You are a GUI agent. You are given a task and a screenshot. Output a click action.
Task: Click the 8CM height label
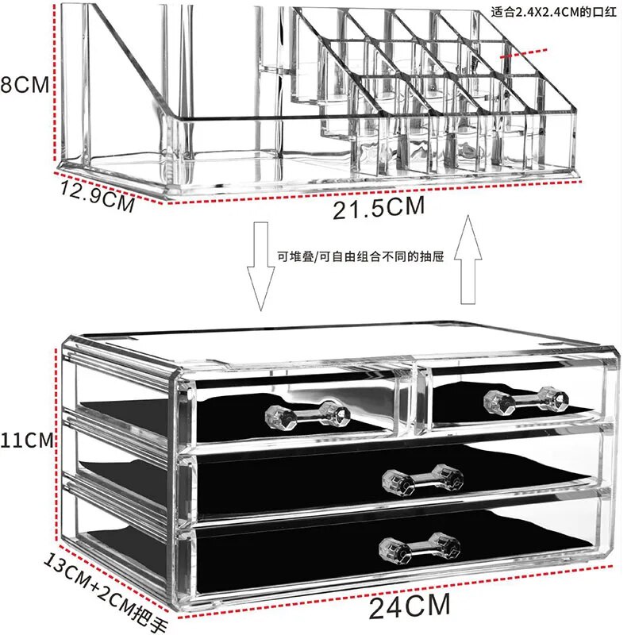tap(24, 85)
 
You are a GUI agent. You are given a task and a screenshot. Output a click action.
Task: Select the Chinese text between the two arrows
tap(368, 256)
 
